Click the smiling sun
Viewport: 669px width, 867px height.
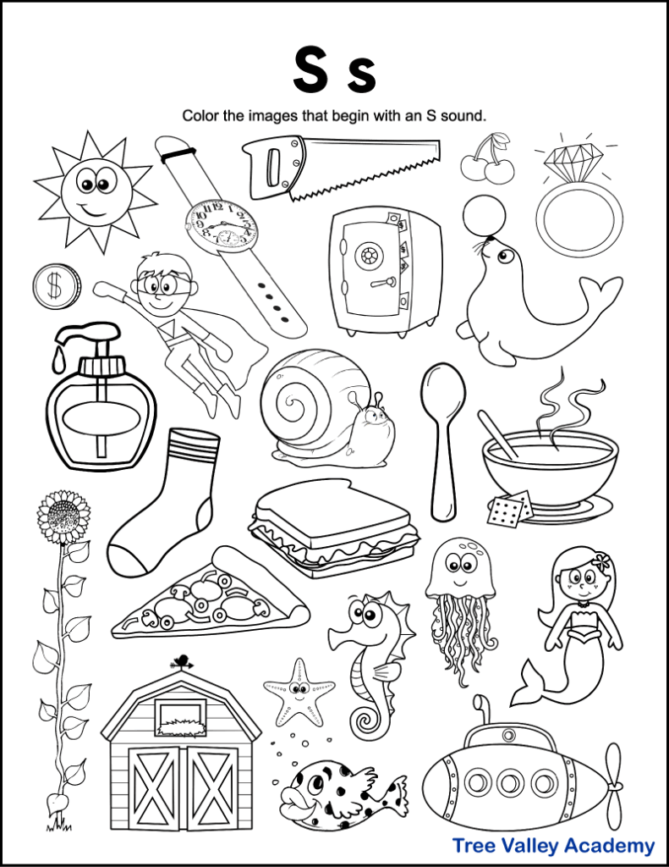(95, 191)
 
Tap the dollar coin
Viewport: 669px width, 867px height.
(56, 286)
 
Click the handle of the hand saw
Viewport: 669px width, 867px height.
(269, 163)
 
